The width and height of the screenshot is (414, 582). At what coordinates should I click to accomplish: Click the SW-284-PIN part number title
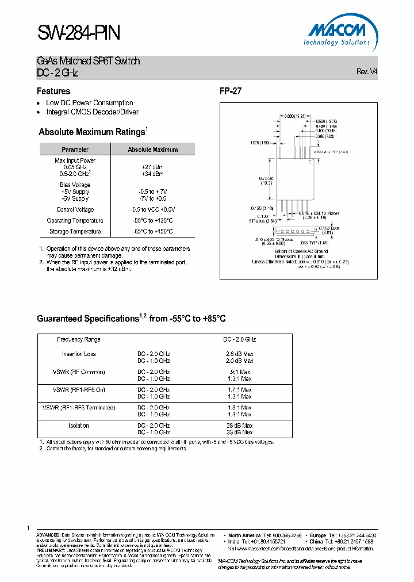[78, 33]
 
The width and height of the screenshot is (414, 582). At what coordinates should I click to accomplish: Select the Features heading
[53, 91]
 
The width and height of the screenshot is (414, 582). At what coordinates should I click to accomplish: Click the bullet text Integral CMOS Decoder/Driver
[92, 112]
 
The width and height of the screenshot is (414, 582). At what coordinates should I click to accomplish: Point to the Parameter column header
[75, 150]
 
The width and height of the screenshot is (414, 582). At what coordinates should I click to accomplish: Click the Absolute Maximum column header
[152, 150]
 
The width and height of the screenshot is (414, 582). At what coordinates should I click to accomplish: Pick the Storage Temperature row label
[74, 231]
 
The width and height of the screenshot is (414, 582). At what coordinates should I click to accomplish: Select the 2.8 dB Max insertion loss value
[239, 354]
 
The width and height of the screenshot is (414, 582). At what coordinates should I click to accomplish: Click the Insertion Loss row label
[79, 354]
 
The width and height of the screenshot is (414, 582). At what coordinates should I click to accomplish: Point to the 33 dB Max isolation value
[239, 432]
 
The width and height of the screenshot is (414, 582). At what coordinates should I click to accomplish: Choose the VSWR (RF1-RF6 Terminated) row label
[79, 408]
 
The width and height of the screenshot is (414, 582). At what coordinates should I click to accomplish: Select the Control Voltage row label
[75, 209]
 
